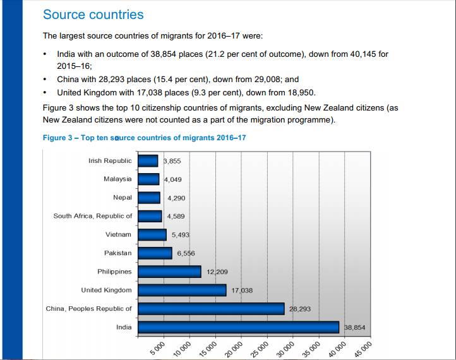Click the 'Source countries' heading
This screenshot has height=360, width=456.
tap(93, 15)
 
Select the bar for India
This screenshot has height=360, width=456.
tap(239, 327)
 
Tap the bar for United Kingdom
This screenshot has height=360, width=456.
tap(182, 290)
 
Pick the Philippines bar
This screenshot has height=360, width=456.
tap(169, 272)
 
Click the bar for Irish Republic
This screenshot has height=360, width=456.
tap(148, 161)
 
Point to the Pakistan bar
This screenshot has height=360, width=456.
tap(155, 253)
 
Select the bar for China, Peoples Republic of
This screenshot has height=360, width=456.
tap(211, 309)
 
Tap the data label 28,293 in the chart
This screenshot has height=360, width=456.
tap(299, 309)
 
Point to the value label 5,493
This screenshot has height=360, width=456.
tap(180, 235)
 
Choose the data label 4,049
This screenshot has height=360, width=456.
tap(172, 179)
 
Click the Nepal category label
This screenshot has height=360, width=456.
tap(123, 198)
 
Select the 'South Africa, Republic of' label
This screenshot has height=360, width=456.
tap(93, 216)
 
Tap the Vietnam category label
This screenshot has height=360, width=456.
tap(119, 234)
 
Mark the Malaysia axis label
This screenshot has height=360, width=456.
tap(117, 179)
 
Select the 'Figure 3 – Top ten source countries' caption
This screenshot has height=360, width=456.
tap(144, 138)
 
